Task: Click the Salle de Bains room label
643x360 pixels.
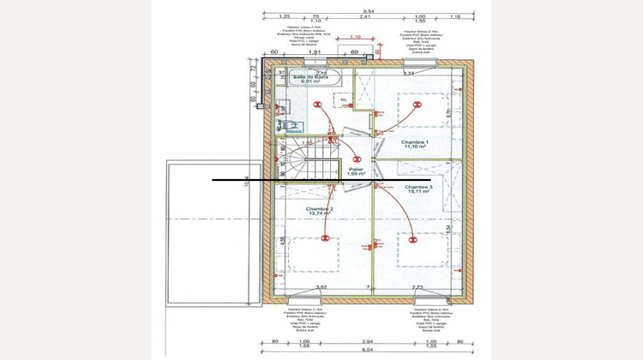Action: point(312,79)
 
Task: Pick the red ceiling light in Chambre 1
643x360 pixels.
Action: point(419,105)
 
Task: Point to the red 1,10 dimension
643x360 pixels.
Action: point(356,36)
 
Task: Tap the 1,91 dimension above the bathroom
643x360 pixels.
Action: point(314,52)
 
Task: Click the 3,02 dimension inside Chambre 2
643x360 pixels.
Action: point(321,288)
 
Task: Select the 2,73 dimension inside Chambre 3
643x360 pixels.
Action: point(418,288)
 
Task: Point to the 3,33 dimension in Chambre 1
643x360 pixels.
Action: point(409,74)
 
